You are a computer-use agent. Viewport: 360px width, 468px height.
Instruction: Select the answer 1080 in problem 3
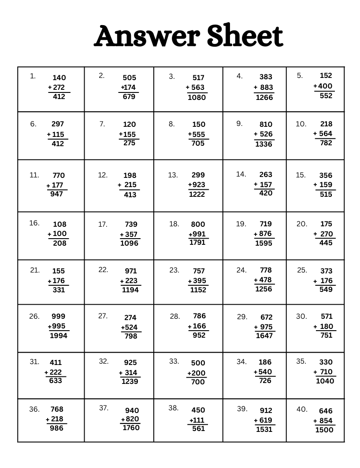[197, 97]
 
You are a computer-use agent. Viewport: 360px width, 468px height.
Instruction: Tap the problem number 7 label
[102, 124]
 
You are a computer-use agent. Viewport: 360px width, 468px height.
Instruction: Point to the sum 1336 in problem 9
[264, 144]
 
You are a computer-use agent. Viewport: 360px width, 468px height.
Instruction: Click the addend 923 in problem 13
[198, 185]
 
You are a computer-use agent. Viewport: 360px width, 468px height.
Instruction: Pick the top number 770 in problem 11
[58, 175]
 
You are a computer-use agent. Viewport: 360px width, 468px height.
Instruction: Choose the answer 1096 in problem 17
[129, 243]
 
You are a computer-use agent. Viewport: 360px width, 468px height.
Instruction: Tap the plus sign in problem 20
[315, 234]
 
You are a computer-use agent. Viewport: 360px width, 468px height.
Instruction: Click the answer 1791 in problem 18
[197, 242]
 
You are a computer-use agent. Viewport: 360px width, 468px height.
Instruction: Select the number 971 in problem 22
[131, 271]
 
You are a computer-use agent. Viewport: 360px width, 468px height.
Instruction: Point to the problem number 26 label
[34, 316]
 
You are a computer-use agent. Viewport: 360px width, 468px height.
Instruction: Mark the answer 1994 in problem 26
[59, 336]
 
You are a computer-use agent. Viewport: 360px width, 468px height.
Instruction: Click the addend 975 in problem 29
[267, 327]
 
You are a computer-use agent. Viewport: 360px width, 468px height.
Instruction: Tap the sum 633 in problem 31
[56, 380]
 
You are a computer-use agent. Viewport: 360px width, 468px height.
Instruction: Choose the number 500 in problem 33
[198, 363]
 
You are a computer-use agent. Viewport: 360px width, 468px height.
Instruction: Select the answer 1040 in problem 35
[325, 381]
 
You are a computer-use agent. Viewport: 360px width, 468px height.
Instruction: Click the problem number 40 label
[301, 409]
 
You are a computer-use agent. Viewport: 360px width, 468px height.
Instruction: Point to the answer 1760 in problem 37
[130, 427]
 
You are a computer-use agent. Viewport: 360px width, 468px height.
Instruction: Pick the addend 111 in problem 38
[199, 420]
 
